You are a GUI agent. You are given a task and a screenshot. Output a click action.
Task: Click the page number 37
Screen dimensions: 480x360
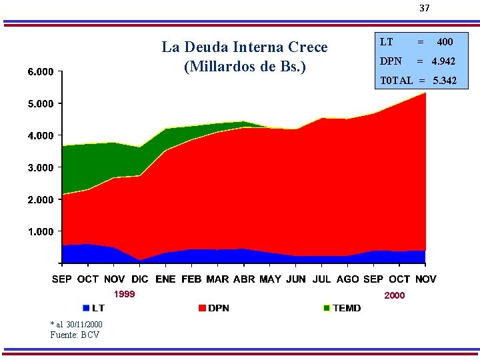click(x=424, y=8)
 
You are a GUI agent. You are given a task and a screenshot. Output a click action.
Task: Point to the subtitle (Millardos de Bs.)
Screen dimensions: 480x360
click(x=245, y=67)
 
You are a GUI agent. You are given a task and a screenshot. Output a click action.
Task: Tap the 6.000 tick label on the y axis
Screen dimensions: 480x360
click(x=41, y=72)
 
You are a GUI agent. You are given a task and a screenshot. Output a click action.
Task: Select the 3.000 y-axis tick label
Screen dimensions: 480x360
click(x=41, y=168)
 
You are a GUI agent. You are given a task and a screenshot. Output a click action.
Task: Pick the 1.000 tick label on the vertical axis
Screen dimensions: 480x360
click(x=41, y=231)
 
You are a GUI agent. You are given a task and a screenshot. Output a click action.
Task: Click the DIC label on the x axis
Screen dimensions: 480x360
click(x=139, y=279)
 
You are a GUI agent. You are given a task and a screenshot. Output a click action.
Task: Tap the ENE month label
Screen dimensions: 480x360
click(x=165, y=279)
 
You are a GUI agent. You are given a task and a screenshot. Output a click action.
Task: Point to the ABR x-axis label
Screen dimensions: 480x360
click(x=244, y=279)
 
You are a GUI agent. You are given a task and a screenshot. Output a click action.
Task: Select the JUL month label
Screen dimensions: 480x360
click(x=321, y=279)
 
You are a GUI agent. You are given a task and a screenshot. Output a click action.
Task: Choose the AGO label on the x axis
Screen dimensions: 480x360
click(x=347, y=279)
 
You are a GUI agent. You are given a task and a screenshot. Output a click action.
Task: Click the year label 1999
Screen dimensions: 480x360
click(x=124, y=294)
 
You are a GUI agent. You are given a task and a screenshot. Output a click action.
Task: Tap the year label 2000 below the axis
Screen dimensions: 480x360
click(x=394, y=295)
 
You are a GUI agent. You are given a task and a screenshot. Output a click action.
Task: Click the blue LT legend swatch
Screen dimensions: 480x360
click(x=86, y=308)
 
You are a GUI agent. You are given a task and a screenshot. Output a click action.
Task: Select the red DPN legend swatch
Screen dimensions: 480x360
click(x=202, y=308)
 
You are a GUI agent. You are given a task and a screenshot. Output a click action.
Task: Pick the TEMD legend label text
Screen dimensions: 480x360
click(x=347, y=308)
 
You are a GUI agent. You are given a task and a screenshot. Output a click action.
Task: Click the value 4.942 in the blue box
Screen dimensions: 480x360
click(x=443, y=61)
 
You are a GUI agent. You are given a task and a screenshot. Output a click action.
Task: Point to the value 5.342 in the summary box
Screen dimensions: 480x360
click(x=445, y=81)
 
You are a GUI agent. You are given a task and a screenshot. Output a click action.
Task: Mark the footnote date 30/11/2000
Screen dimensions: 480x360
click(x=84, y=325)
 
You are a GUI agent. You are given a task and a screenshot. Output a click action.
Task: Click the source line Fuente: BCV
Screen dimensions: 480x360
click(x=75, y=335)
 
